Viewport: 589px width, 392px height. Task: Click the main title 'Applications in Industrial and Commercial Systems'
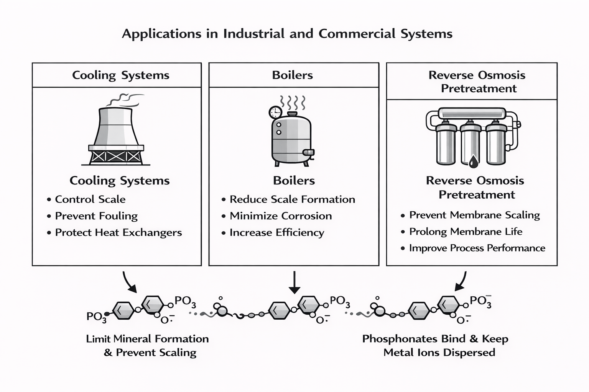287,34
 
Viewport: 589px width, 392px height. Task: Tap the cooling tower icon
116,136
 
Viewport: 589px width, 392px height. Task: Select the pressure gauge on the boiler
275,112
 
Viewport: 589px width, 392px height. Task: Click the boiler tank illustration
291,140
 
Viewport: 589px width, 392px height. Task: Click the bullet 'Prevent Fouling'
96,216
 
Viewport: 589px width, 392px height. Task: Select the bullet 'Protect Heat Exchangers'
118,233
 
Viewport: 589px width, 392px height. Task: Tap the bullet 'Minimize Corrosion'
280,216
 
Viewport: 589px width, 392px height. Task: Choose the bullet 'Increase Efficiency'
276,233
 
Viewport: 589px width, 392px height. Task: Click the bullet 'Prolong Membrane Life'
466,232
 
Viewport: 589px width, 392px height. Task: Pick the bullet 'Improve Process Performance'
477,248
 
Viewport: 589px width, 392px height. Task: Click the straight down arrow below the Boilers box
294,282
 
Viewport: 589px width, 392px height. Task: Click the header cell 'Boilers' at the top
293,75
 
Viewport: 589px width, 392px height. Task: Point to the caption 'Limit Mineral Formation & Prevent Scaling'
148,345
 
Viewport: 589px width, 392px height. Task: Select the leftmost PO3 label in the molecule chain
96,317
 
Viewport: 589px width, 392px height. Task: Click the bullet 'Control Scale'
90,199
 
